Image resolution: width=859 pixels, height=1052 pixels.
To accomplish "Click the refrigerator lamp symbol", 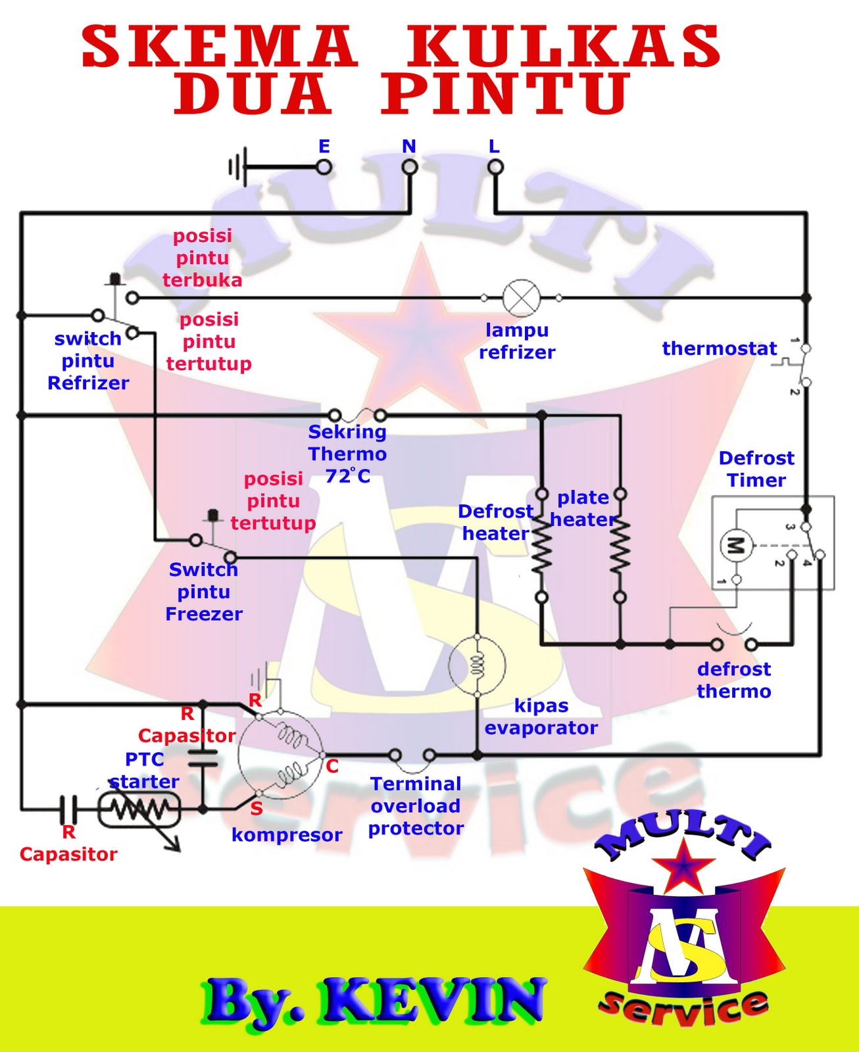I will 521,298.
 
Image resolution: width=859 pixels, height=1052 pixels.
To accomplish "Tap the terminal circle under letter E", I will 324,167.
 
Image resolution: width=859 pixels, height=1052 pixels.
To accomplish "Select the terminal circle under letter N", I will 410,167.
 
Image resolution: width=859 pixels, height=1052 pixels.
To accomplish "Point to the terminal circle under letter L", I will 495,167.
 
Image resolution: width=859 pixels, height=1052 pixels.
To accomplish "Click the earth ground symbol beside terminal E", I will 237,167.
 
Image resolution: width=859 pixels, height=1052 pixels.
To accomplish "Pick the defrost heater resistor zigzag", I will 541,545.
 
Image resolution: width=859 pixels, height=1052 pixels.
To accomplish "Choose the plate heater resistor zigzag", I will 620,545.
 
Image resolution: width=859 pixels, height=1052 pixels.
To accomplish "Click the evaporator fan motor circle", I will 477,665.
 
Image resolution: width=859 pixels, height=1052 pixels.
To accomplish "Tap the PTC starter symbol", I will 139,809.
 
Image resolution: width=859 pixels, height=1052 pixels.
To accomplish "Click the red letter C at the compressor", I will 332,767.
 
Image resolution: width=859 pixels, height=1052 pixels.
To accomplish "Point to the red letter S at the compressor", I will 257,809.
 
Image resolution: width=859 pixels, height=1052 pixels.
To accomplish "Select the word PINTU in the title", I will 505,94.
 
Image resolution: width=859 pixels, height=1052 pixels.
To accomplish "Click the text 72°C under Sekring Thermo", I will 348,475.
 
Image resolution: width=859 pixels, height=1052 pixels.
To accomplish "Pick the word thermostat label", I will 720,348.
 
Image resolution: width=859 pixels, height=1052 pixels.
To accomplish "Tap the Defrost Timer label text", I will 756,469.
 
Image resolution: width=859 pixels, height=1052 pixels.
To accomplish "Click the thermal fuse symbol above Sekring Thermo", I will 357,416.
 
